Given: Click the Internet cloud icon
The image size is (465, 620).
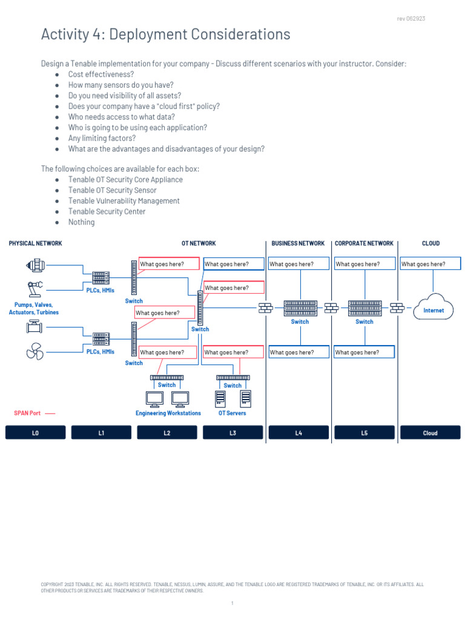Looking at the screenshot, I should pyautogui.click(x=434, y=307).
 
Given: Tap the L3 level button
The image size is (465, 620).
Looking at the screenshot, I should pyautogui.click(x=232, y=432).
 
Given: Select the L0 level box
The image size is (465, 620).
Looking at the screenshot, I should pyautogui.click(x=35, y=432).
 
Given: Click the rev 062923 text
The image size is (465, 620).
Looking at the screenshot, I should pyautogui.click(x=411, y=19).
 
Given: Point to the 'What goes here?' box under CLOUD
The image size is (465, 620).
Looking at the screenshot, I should pyautogui.click(x=430, y=264).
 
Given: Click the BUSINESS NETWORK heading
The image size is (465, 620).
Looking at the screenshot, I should pyautogui.click(x=298, y=243).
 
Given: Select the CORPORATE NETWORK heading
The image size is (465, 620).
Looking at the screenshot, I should pyautogui.click(x=364, y=243).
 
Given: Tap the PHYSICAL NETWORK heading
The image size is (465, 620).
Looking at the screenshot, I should pyautogui.click(x=35, y=243).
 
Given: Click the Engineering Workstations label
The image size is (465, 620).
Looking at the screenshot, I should pyautogui.click(x=168, y=413).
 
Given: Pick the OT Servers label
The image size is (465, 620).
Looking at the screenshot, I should pyautogui.click(x=232, y=413).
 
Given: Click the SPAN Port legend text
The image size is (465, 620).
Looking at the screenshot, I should pyautogui.click(x=27, y=413).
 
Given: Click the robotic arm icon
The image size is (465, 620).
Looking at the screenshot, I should pyautogui.click(x=35, y=288).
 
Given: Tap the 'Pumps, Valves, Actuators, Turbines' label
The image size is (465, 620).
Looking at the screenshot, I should pyautogui.click(x=34, y=309).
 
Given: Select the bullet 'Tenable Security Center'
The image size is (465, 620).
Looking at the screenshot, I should pyautogui.click(x=107, y=211).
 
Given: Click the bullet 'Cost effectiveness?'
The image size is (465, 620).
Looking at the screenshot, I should pyautogui.click(x=101, y=74).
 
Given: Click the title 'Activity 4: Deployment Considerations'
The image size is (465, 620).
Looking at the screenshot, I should pyautogui.click(x=165, y=35).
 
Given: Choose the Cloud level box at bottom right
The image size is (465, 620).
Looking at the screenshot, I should pyautogui.click(x=430, y=432).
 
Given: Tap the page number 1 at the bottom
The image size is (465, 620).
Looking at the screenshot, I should pyautogui.click(x=232, y=604).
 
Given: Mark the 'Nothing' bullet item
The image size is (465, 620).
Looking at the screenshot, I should pyautogui.click(x=81, y=222).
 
